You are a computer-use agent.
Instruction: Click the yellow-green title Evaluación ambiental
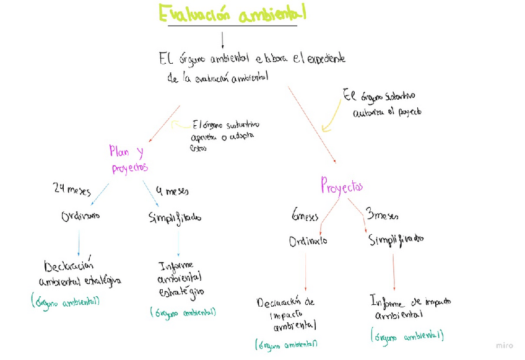pos(232,14)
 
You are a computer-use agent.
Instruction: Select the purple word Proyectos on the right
pos(341,185)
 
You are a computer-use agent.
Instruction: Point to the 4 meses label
pos(173,190)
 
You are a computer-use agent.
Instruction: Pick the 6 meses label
pos(305,216)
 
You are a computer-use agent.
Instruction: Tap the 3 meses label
pos(382,216)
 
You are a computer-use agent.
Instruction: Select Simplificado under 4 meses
pos(175,217)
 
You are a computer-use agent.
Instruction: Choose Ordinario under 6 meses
pos(308,241)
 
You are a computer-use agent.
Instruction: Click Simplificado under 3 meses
pos(396,239)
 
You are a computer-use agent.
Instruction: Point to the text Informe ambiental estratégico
pos(181,278)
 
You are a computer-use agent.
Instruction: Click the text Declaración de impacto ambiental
pos(287,314)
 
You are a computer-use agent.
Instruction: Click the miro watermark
pos(505,345)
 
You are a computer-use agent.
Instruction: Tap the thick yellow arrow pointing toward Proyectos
pos(331,118)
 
